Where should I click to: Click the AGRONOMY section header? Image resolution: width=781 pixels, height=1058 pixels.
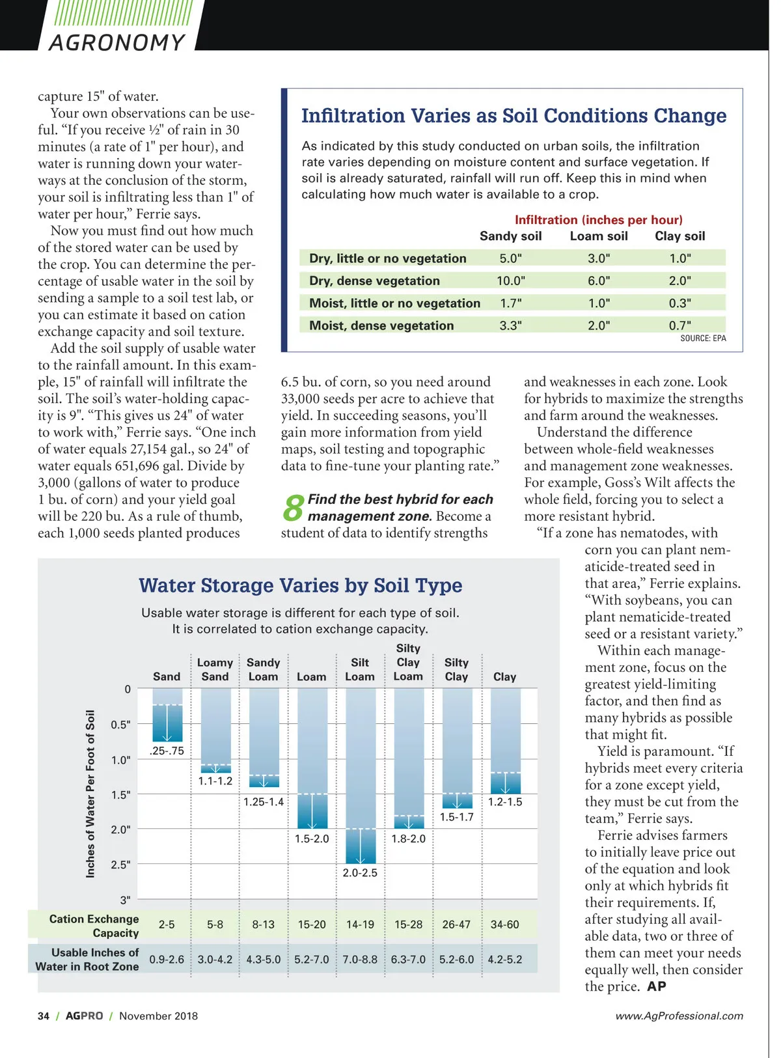117,42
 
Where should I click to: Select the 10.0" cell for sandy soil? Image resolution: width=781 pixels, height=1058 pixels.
510,281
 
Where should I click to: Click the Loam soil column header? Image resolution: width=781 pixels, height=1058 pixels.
599,236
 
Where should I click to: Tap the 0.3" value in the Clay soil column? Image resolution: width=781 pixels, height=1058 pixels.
679,303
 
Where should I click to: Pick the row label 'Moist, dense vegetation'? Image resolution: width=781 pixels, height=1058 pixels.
381,326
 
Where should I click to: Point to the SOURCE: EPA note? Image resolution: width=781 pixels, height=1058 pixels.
703,339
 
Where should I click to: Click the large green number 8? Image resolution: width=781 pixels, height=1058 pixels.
293,508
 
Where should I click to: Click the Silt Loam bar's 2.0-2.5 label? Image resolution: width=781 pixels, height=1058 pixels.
360,872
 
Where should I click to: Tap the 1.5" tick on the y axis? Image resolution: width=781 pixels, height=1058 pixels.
121,795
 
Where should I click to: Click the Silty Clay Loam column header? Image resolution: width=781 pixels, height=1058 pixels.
408,662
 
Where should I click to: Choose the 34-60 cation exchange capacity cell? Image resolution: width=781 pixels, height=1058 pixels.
504,925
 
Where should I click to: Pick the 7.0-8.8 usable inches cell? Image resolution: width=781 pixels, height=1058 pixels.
360,960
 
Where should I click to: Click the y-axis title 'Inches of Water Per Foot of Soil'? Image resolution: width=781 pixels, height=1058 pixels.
90,793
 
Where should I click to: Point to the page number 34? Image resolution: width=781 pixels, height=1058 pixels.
44,1016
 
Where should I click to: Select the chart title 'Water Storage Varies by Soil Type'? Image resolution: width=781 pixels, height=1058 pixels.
300,585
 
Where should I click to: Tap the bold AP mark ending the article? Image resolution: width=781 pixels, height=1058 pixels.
657,986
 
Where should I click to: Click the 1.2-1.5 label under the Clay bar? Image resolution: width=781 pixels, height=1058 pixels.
505,802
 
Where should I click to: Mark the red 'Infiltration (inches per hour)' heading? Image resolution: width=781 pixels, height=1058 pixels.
598,220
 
